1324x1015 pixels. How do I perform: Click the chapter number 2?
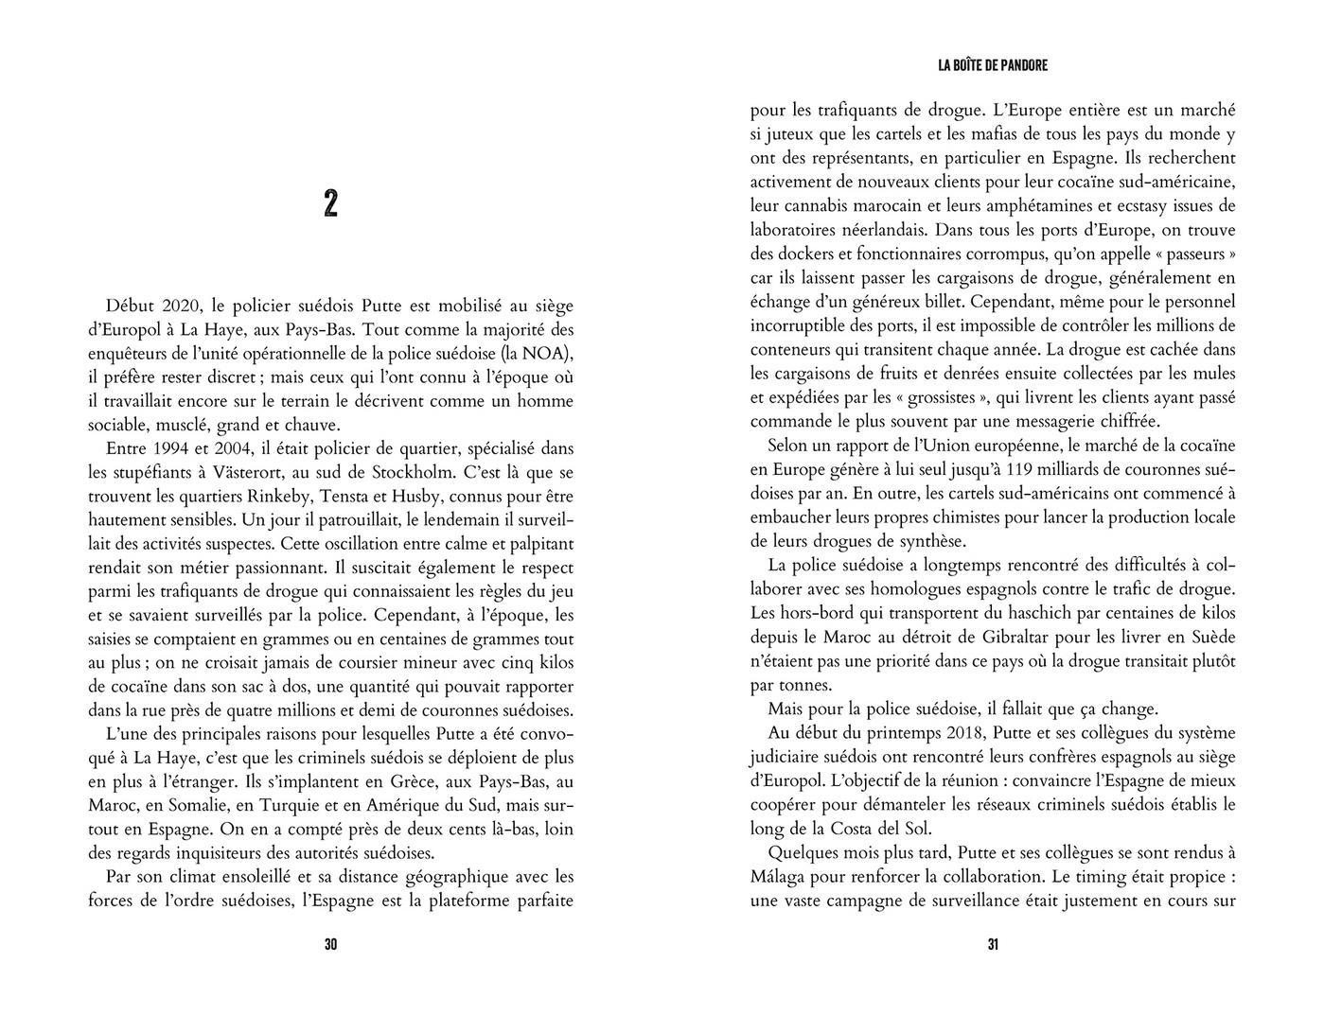[330, 204]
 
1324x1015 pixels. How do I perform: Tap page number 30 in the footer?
[330, 944]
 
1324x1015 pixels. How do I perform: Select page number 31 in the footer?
[993, 944]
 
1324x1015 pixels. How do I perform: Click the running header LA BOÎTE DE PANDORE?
[993, 65]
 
